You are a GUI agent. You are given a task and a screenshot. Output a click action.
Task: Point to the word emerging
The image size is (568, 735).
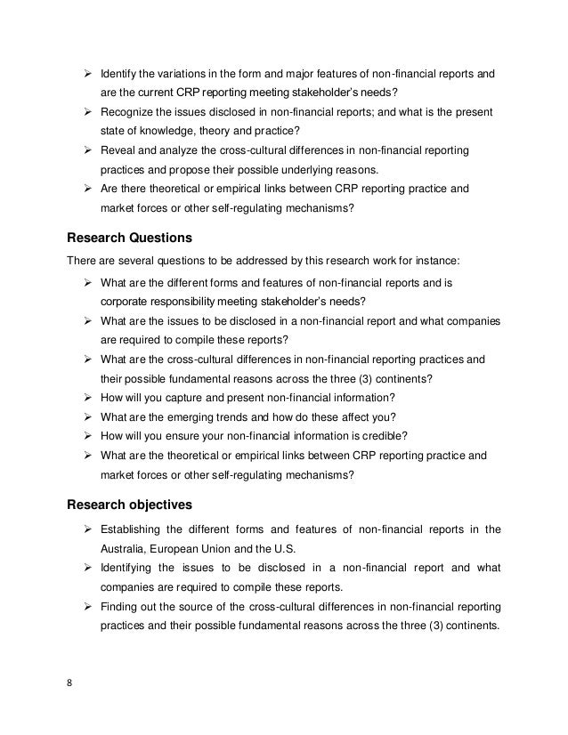(197, 416)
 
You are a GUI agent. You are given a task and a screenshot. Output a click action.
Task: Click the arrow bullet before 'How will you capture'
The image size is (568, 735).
(88, 397)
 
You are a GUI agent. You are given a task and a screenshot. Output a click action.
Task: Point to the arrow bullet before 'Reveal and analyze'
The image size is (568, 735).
(88, 152)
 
